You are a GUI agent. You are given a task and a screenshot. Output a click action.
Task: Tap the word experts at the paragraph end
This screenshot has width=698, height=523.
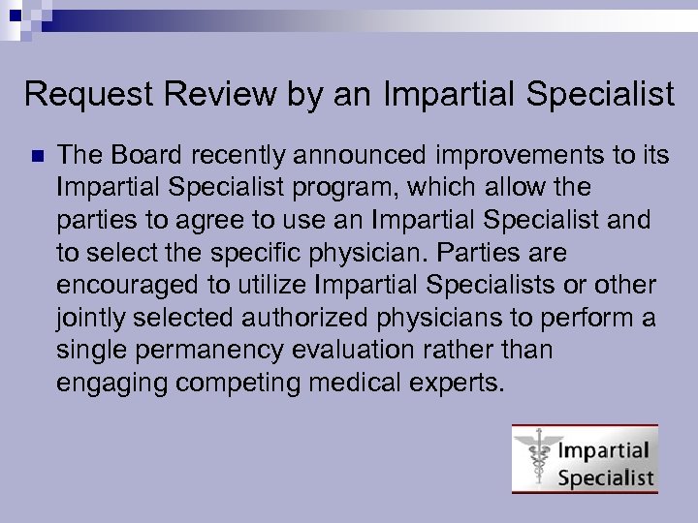tap(466, 384)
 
